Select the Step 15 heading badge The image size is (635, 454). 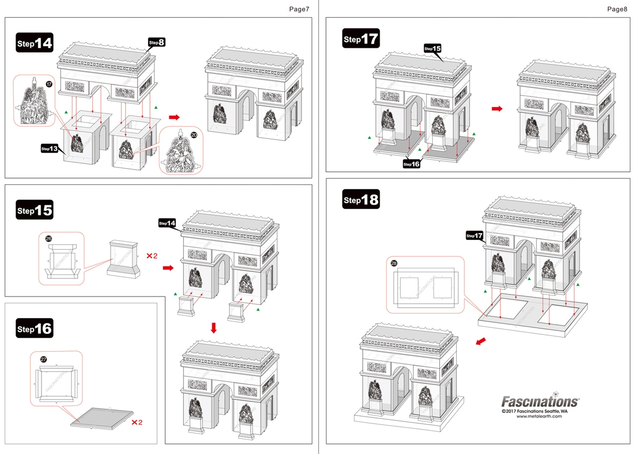point(34,210)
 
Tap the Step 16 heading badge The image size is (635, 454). point(34,329)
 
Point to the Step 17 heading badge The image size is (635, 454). point(361,39)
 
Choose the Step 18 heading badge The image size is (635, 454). point(361,200)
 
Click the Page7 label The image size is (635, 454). point(299,9)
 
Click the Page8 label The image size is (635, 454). point(617,9)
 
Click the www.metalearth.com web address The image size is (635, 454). point(540,416)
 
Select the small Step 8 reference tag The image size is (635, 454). point(156,43)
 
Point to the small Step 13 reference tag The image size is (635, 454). point(50,148)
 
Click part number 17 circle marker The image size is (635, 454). point(49,85)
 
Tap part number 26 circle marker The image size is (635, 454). point(49,238)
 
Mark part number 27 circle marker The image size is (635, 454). point(44,359)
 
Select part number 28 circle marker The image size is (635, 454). point(395,263)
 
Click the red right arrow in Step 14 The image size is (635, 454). point(174,117)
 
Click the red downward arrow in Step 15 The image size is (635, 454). point(214,328)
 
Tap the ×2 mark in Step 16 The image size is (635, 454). point(137,423)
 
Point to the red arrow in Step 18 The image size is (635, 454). point(481,341)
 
